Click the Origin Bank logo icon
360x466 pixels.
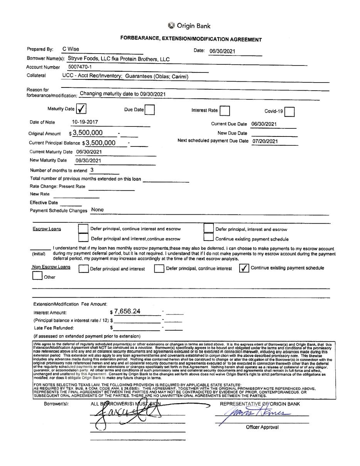pos(171,25)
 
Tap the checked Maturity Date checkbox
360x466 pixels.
pos(81,109)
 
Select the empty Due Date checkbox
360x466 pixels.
pos(150,110)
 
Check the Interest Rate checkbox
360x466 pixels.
pos(225,111)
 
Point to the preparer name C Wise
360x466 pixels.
pos(71,49)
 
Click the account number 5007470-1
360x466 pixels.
pos(79,67)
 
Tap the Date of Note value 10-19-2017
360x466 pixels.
pos(85,122)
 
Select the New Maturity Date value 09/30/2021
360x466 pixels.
pos(88,161)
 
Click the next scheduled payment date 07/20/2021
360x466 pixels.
pos(265,141)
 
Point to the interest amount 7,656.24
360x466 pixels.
pos(127,311)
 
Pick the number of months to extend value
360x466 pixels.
pos(92,170)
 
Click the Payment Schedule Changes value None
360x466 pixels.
pos(98,210)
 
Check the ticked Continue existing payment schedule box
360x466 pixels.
pos(244,268)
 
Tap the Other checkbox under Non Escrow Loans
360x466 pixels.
pos(37,276)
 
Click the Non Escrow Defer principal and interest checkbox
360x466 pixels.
pos(83,269)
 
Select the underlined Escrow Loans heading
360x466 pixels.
pos(47,229)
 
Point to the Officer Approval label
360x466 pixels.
pos(262,427)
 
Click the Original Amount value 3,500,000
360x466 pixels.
pos(88,133)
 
